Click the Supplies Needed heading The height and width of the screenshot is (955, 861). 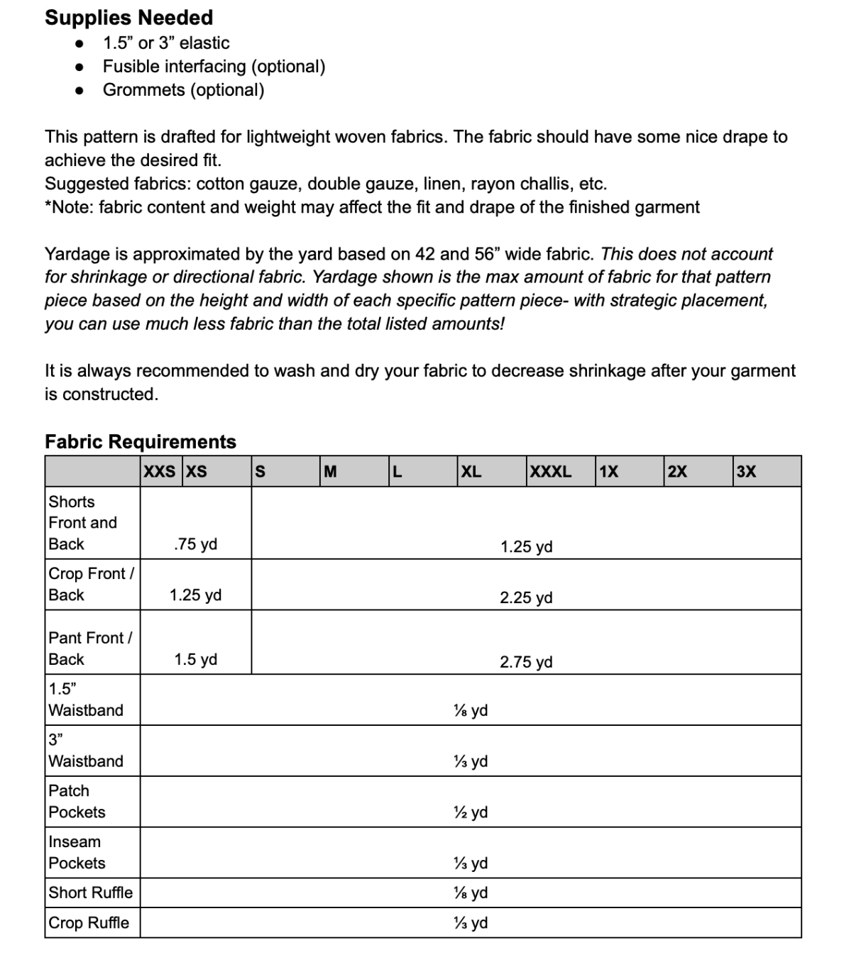128,18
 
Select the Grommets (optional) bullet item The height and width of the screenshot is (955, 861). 183,90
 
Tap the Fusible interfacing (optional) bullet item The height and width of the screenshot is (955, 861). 214,67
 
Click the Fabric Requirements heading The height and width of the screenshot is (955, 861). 141,441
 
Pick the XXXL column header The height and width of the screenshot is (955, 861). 550,472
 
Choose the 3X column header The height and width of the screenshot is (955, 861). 746,472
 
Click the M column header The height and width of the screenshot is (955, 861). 330,472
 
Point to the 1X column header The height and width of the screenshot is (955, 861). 608,472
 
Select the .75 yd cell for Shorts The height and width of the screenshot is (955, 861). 195,544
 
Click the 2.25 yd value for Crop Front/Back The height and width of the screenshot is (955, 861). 526,597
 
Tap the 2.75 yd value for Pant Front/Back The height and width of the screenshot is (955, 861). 526,662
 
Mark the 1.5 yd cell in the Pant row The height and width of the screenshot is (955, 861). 195,659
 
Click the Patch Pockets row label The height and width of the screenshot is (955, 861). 77,801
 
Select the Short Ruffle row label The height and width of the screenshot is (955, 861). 90,893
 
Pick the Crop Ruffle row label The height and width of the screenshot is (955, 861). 89,922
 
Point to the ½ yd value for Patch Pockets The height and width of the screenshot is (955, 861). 471,812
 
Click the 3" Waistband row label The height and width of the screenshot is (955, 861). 85,750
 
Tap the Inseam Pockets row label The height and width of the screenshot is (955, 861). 77,852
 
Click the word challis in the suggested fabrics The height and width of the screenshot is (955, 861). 549,184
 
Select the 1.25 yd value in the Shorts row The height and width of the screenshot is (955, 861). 526,547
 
